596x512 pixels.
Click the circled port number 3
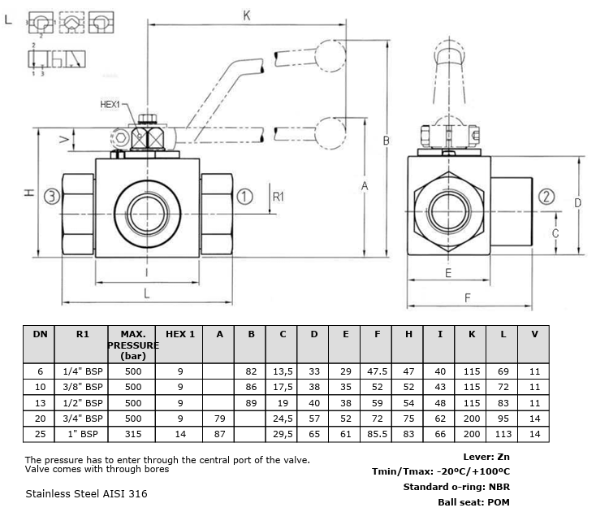52,197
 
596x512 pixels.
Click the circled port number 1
244,197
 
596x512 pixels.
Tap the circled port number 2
546,197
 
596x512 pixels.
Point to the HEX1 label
110,104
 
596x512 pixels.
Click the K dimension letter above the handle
247,15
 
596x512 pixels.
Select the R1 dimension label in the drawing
279,197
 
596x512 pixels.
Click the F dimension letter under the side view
467,297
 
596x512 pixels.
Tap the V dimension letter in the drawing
64,139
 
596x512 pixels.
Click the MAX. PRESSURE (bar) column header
133,345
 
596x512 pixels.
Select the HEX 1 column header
180,334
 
